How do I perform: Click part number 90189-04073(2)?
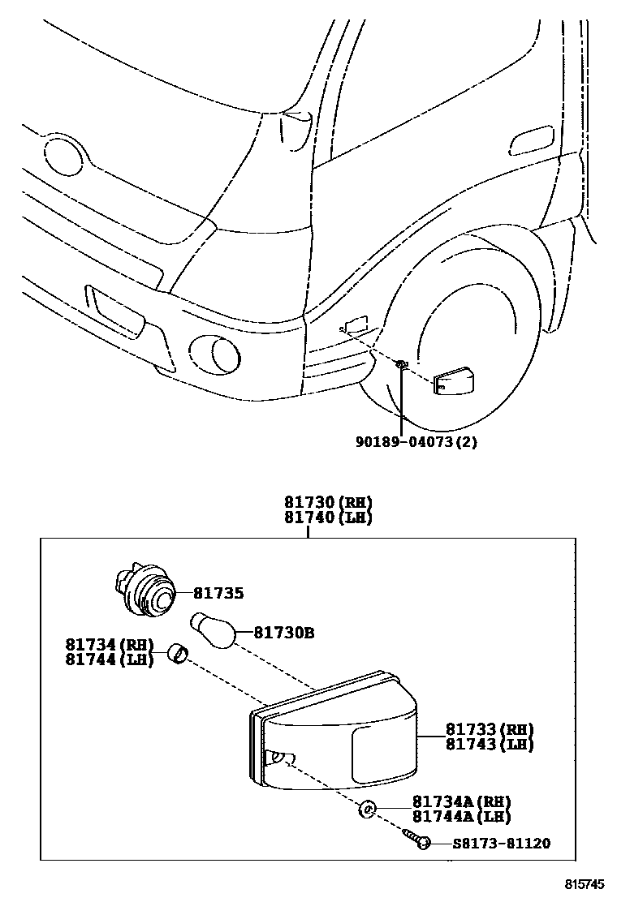[415, 442]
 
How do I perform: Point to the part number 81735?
[218, 593]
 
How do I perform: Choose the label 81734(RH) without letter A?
[110, 645]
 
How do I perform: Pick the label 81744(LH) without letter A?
[110, 659]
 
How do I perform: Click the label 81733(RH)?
[489, 729]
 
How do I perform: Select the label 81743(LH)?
[489, 744]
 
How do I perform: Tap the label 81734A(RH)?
[461, 801]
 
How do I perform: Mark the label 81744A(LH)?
[461, 817]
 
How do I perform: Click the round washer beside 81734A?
[368, 809]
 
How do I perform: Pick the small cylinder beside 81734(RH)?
[178, 653]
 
